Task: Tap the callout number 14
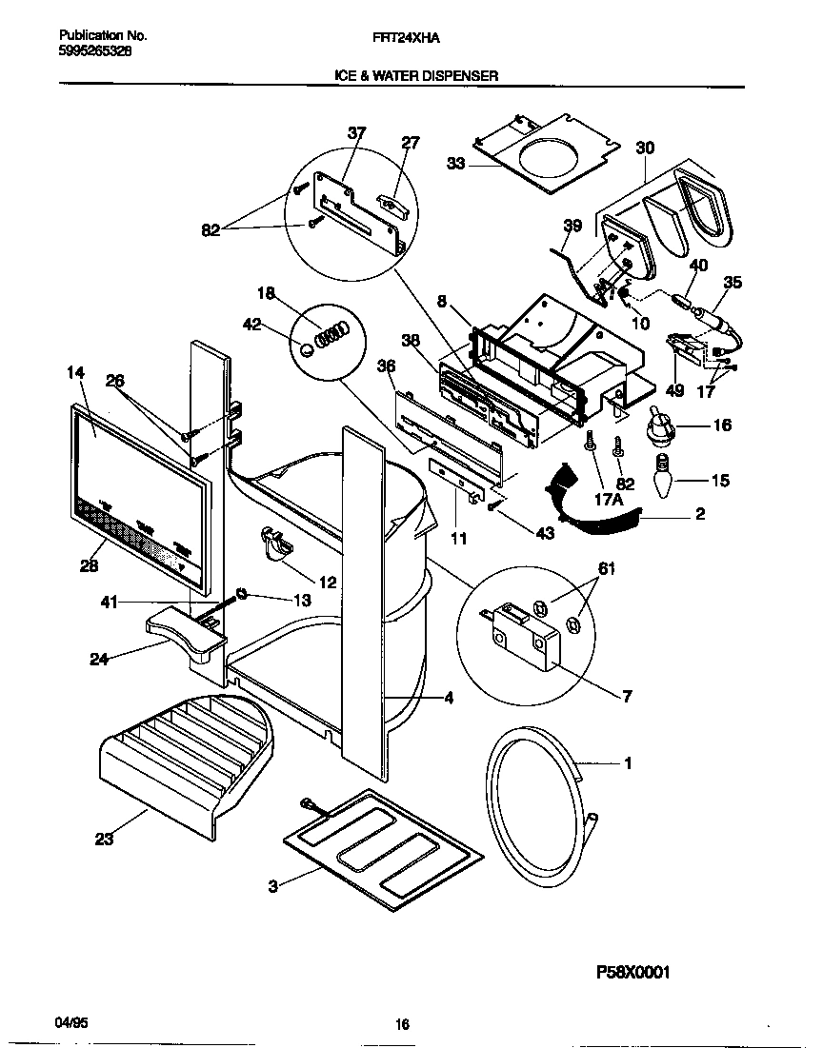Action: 75,374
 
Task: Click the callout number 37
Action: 356,133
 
